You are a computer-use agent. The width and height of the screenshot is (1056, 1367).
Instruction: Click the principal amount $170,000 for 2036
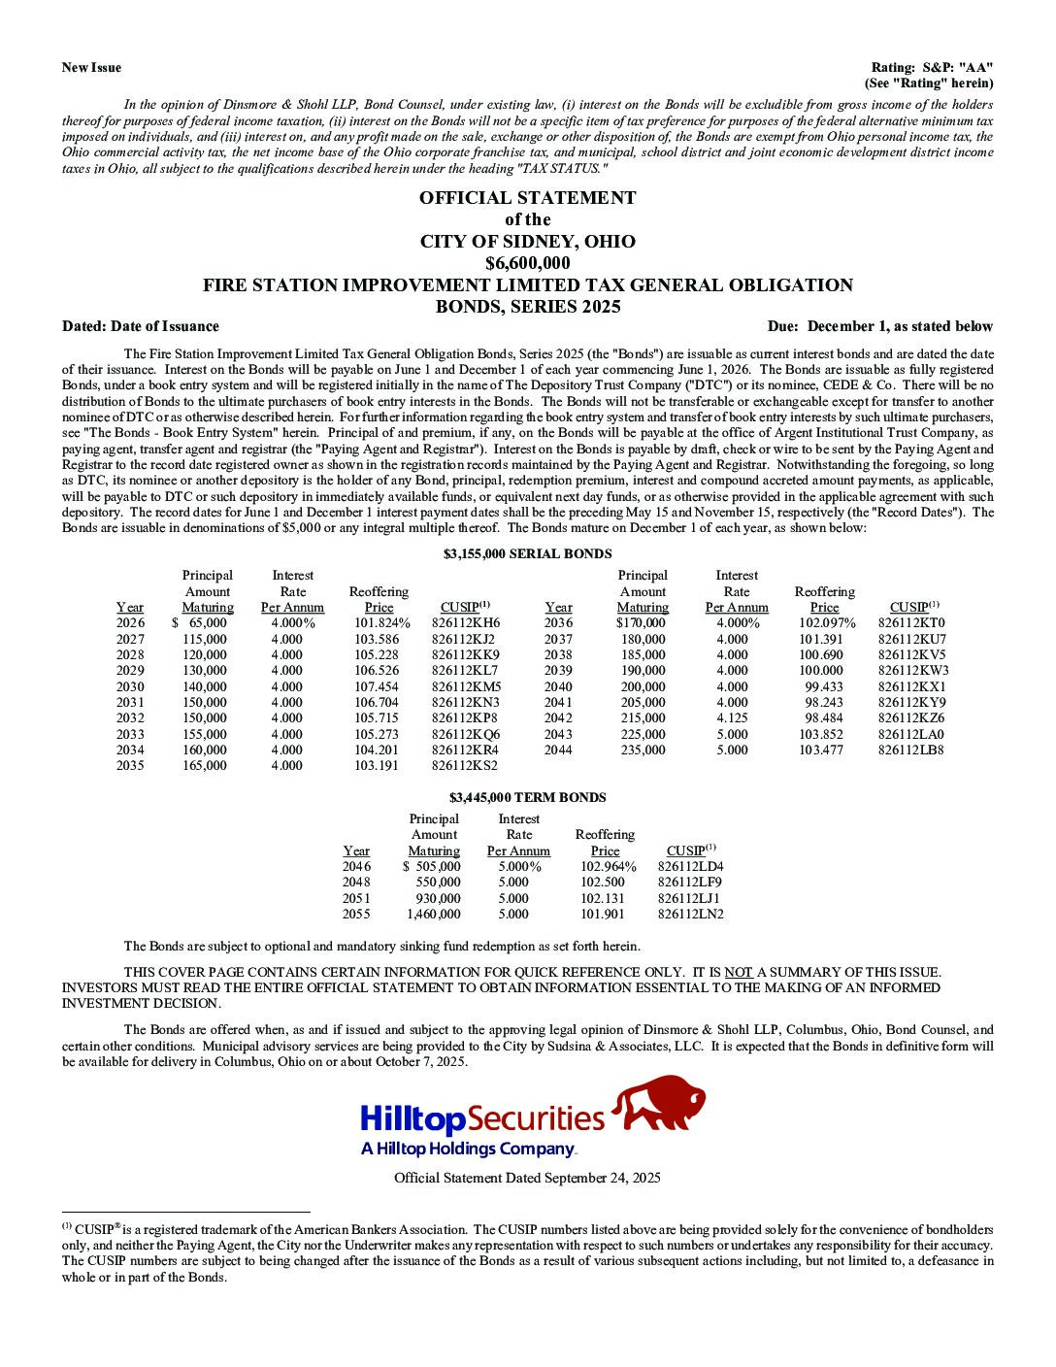[642, 623]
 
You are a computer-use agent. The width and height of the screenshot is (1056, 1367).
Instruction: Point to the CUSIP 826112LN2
[690, 914]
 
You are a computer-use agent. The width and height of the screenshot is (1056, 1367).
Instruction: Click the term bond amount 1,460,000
[434, 914]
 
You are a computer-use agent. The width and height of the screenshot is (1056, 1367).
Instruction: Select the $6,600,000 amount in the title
[527, 263]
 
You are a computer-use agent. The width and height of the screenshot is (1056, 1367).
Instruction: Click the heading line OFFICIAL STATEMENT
[527, 198]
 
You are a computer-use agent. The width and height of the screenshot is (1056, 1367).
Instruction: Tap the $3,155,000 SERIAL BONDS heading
[527, 553]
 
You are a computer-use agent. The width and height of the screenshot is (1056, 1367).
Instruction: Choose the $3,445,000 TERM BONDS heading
[527, 797]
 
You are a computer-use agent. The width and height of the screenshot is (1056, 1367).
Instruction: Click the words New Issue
[91, 67]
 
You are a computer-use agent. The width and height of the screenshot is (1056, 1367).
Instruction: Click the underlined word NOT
[739, 972]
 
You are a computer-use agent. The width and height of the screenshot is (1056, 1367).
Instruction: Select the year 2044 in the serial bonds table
[558, 750]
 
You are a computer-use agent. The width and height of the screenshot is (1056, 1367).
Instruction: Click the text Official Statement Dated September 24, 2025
[527, 1178]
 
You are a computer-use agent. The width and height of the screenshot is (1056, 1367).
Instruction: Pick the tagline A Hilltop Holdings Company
[468, 1149]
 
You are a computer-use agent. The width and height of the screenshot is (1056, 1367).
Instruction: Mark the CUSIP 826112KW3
[913, 671]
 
